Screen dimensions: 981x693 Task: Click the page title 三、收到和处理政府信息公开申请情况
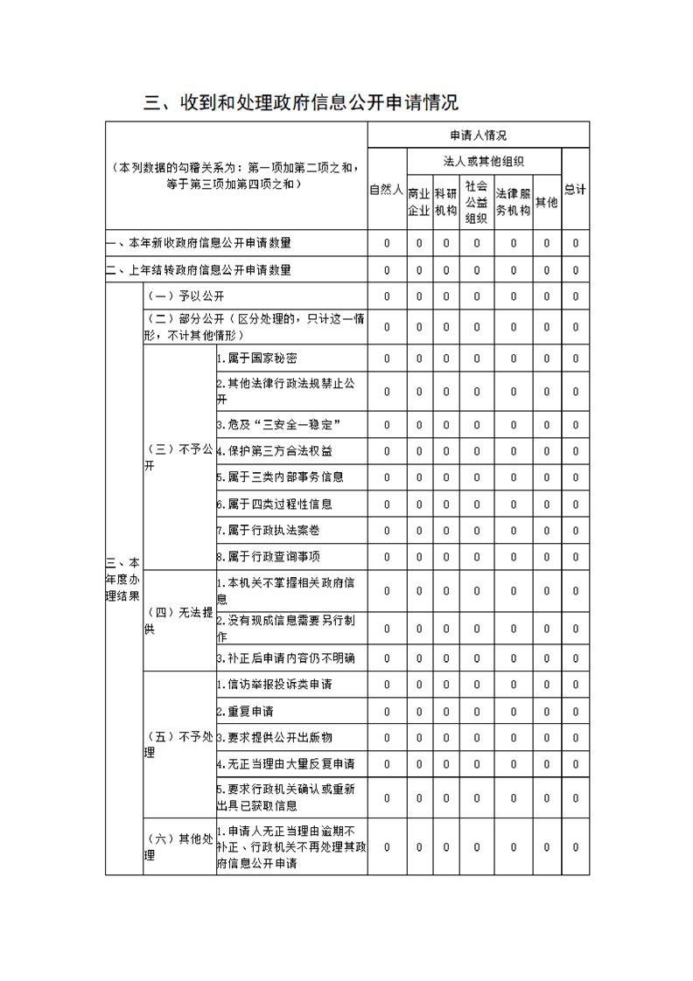(x=301, y=102)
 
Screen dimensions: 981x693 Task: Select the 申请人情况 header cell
(x=478, y=136)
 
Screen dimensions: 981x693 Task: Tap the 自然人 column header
(x=387, y=190)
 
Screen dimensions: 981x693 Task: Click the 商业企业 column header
(x=419, y=202)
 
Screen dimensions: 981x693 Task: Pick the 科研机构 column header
(x=445, y=202)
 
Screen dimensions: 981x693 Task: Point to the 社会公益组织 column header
(x=476, y=202)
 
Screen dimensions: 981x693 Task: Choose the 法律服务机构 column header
(x=514, y=202)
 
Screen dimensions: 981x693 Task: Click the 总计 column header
(x=575, y=190)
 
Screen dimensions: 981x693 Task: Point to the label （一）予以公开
(x=174, y=296)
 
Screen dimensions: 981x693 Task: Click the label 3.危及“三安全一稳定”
(x=278, y=424)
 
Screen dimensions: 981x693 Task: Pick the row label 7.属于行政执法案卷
(x=262, y=531)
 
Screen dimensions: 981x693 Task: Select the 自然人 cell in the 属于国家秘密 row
(x=387, y=358)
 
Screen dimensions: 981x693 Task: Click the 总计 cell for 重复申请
(x=575, y=711)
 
